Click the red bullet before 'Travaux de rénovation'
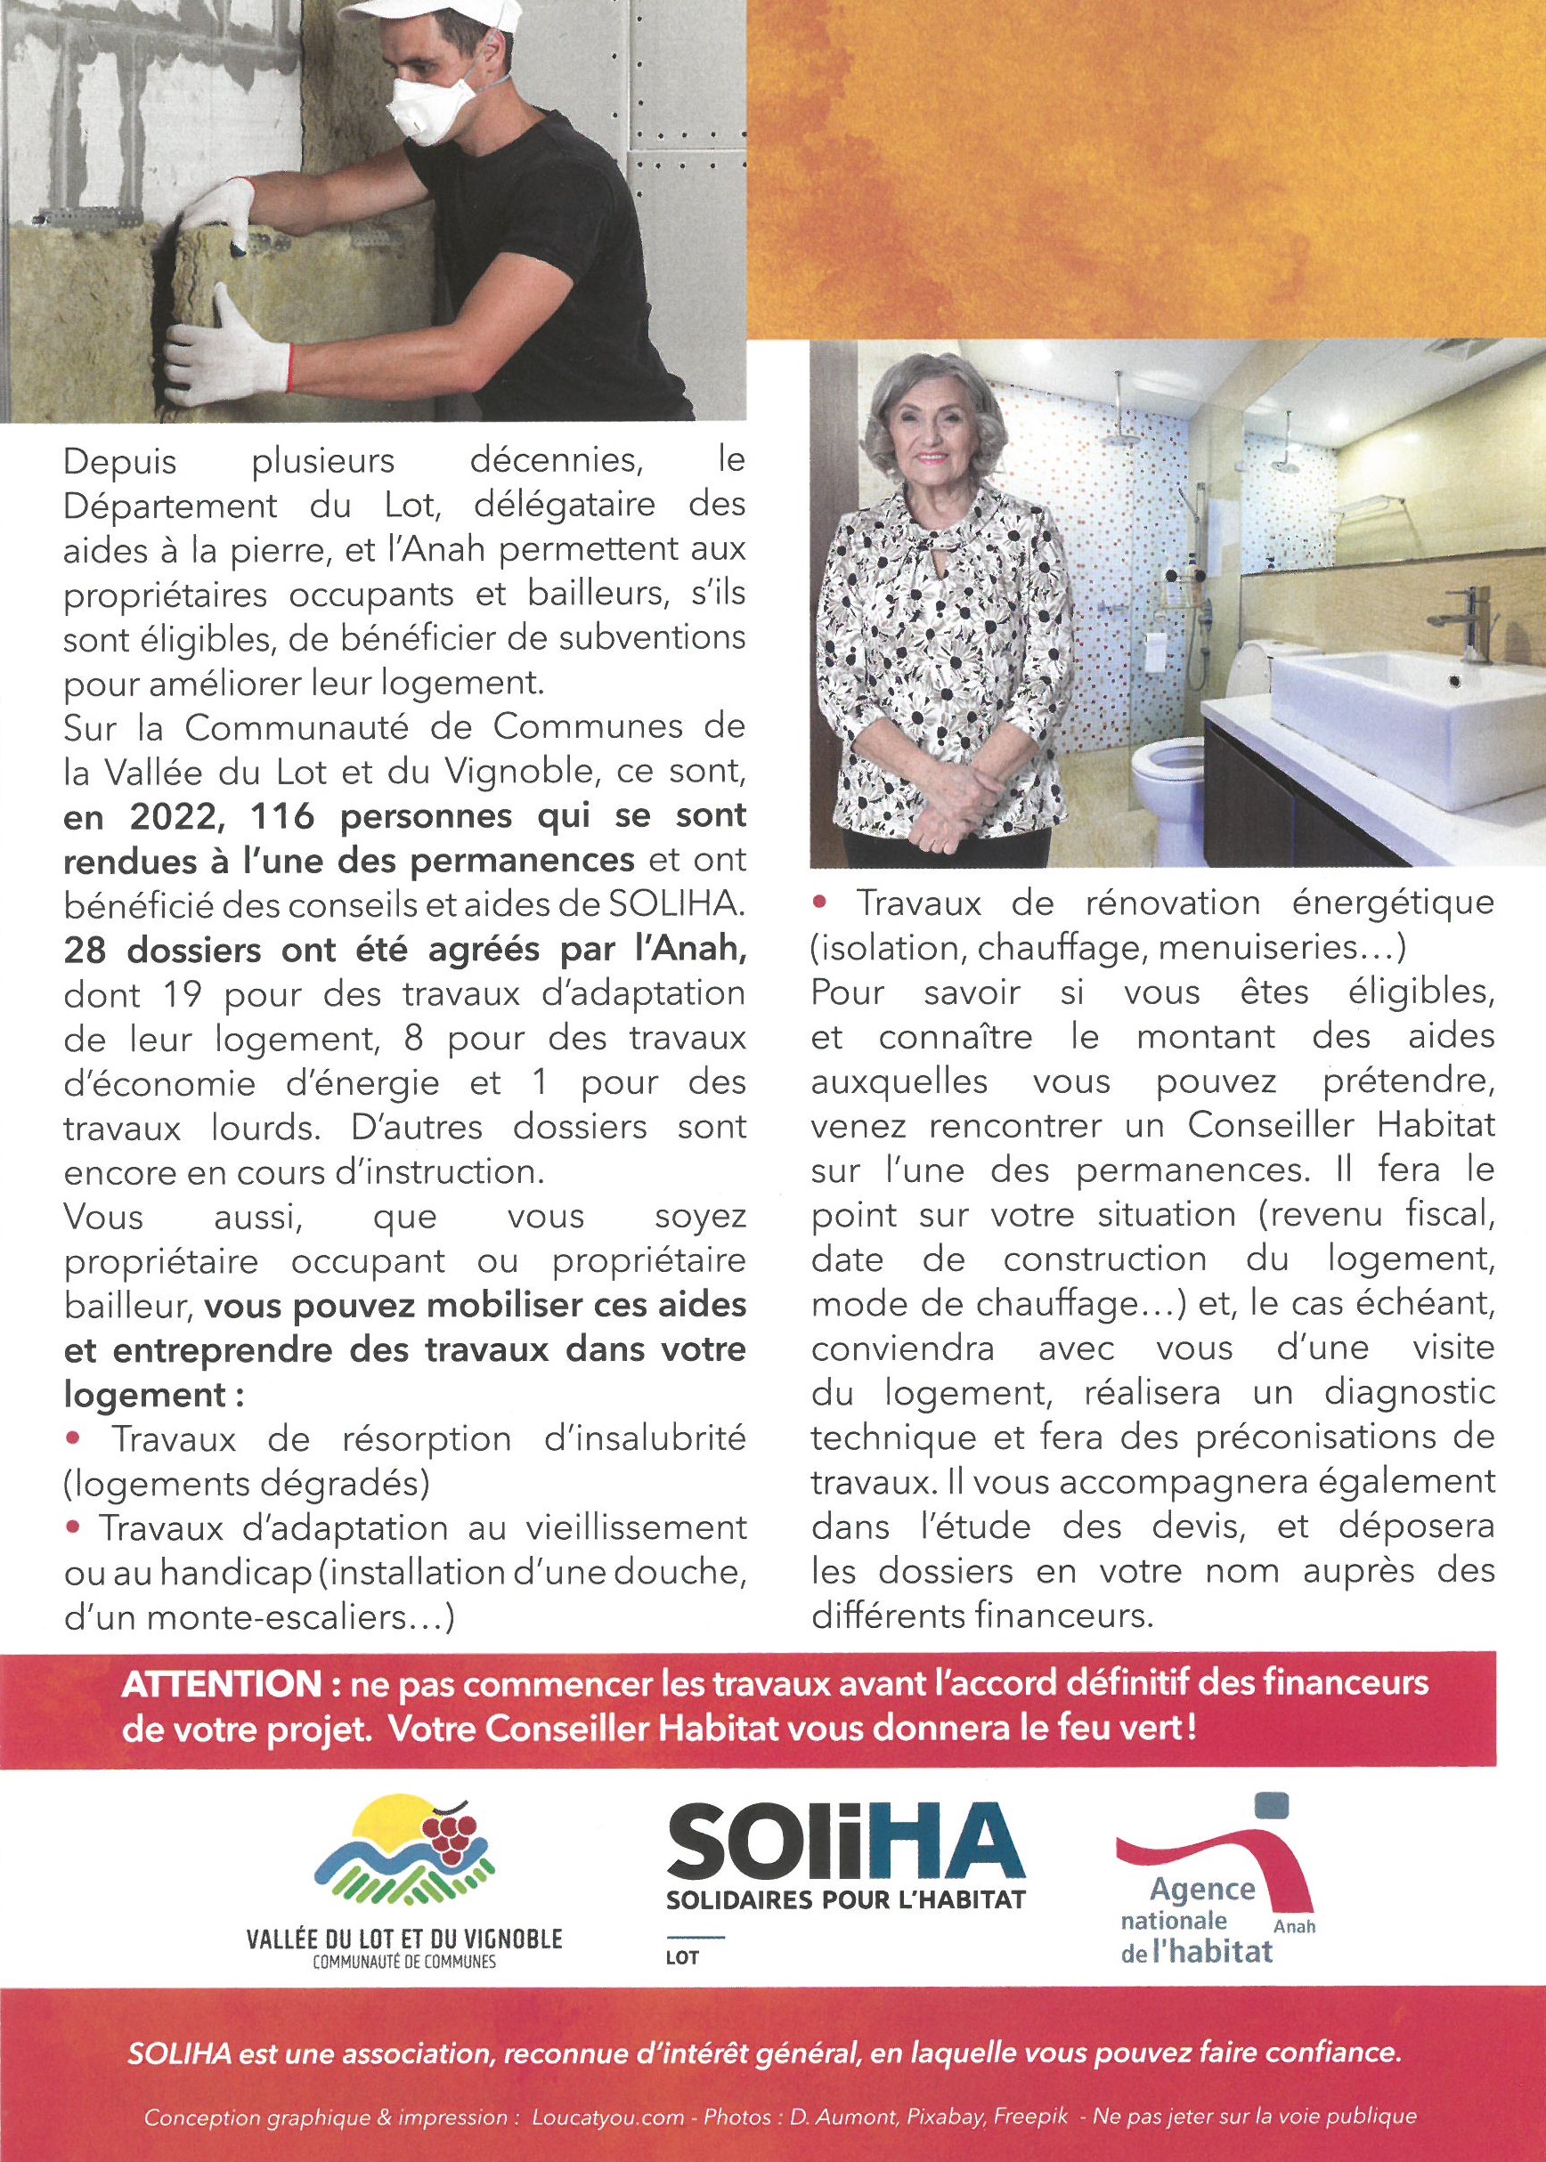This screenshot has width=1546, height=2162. coord(822,900)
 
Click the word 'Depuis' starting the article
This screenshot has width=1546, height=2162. coord(121,462)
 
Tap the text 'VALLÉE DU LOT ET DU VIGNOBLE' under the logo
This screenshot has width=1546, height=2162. coord(404,1939)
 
